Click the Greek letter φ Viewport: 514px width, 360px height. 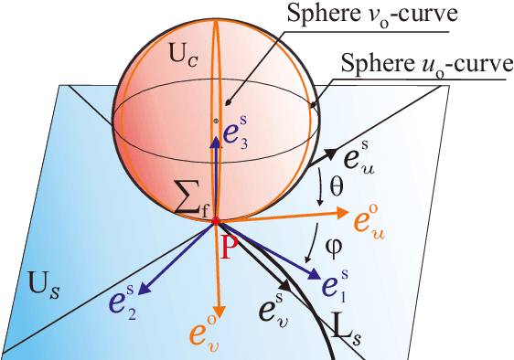pos(334,244)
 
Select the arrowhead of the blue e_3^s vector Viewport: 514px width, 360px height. pos(215,136)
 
